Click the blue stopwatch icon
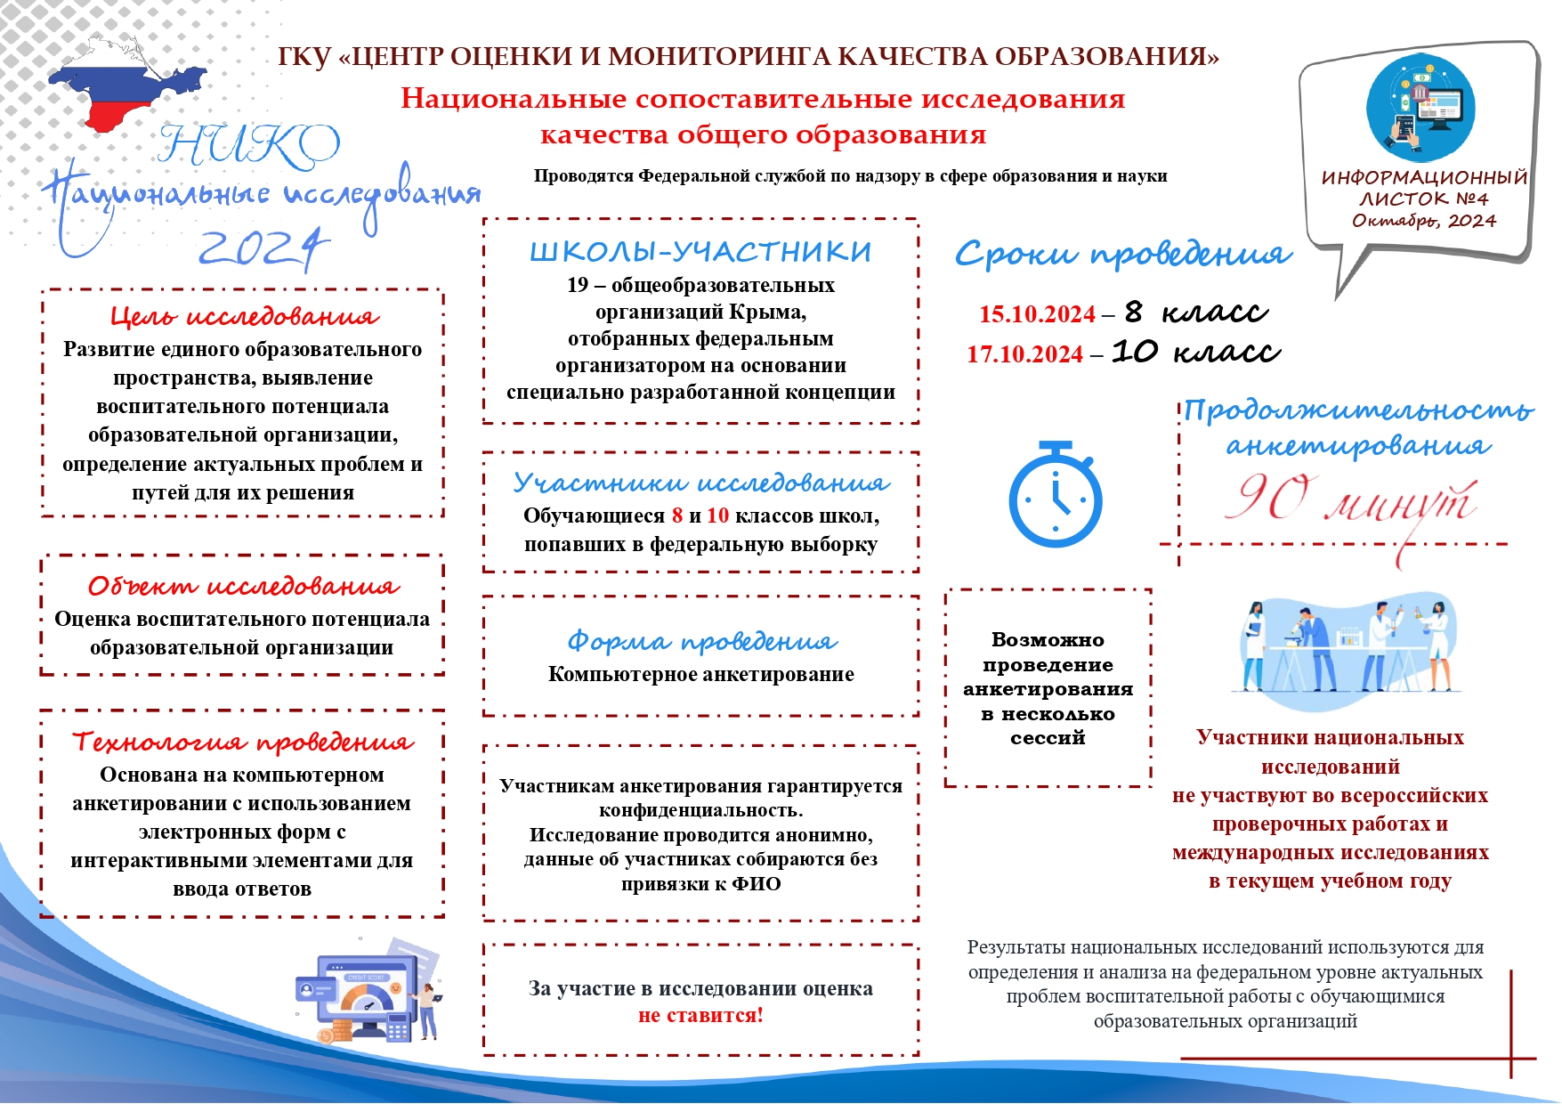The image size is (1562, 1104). click(1055, 494)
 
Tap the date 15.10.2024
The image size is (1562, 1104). click(1037, 314)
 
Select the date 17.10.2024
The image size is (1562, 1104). click(1024, 354)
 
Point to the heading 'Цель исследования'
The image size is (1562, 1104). click(244, 316)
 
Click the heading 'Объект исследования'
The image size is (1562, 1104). click(243, 586)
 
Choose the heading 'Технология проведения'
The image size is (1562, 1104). click(243, 742)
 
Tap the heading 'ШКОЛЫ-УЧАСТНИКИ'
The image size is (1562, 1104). click(700, 252)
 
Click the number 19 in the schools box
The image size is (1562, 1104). click(578, 285)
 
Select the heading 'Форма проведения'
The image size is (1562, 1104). click(701, 641)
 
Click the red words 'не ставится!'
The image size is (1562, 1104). click(700, 1015)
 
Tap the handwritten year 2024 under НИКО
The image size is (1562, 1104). click(263, 248)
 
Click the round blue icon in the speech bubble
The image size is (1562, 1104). click(1420, 109)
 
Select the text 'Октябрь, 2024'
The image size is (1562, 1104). click(1424, 221)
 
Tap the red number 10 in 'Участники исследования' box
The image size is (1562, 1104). click(717, 515)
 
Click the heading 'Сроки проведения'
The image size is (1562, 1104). click(1122, 256)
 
